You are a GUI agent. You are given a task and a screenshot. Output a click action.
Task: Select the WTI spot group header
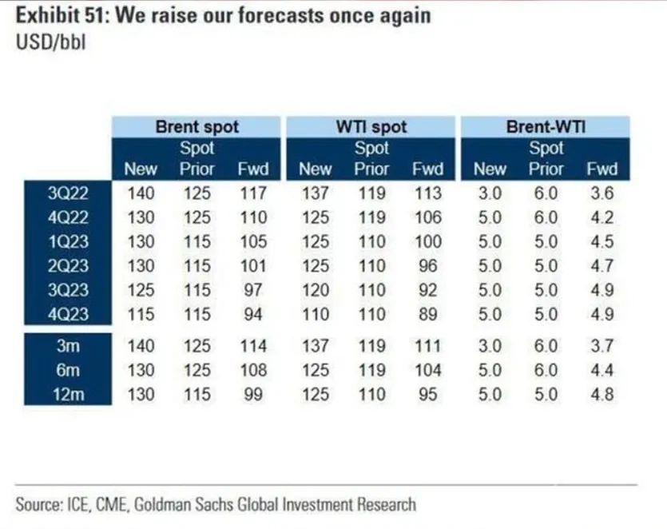tap(371, 126)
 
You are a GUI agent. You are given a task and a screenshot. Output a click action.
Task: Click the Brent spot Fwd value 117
tap(253, 193)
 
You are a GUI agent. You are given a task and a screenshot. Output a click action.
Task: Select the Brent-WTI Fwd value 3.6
tap(601, 193)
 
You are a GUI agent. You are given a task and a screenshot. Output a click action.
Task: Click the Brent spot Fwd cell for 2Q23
tap(253, 265)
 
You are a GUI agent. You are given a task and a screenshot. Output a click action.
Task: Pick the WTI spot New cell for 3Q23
tap(315, 289)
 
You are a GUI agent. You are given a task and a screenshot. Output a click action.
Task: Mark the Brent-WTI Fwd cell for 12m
tap(601, 394)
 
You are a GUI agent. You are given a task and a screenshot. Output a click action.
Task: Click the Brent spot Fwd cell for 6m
tap(253, 370)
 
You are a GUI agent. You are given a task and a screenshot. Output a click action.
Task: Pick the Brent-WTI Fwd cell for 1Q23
tap(601, 241)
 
